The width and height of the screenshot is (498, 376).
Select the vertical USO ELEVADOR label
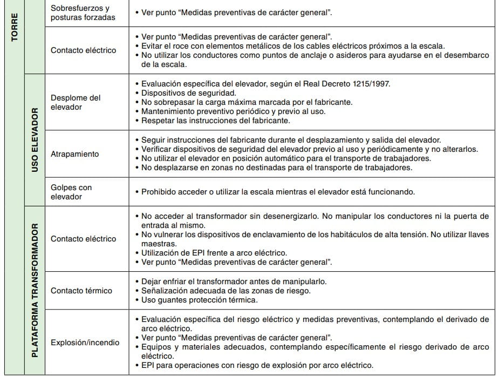[x=35, y=140]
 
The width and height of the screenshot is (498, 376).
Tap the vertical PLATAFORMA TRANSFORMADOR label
[x=35, y=290]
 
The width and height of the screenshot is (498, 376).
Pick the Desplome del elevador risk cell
[x=76, y=103]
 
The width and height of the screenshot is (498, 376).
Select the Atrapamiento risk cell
[x=75, y=154]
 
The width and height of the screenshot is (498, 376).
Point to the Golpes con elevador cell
[x=71, y=192]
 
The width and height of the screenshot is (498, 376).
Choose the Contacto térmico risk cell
[x=81, y=291]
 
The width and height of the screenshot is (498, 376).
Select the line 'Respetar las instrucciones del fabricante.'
[x=215, y=120]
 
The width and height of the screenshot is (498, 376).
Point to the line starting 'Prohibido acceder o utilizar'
[x=278, y=192]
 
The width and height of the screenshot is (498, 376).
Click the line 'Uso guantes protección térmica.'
[x=199, y=300]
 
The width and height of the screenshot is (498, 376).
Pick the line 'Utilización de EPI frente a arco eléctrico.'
[x=214, y=253]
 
